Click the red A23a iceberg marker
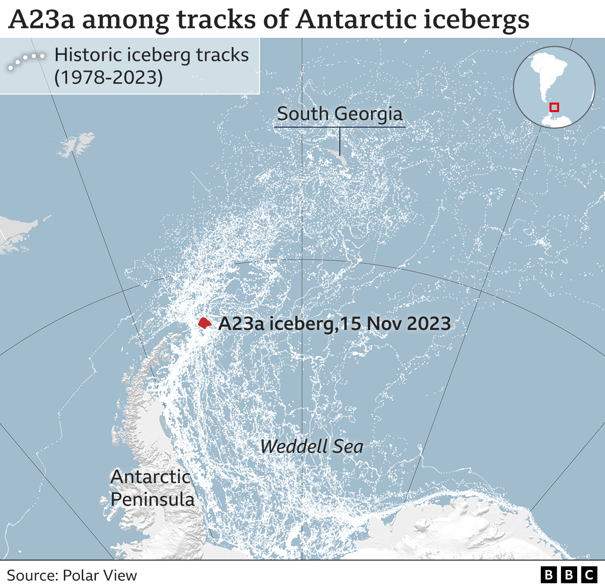[x=204, y=323]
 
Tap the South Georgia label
[x=339, y=114]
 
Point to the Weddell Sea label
[x=311, y=447]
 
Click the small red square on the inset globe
[x=554, y=107]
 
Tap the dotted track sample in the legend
[x=26, y=61]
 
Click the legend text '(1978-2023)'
[x=109, y=78]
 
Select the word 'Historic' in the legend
[x=88, y=55]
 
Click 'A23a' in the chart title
[x=41, y=20]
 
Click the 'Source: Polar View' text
[x=72, y=575]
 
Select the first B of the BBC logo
[x=548, y=575]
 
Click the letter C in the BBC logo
[x=589, y=575]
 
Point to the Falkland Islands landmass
[x=76, y=144]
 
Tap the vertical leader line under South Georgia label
[x=340, y=141]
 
